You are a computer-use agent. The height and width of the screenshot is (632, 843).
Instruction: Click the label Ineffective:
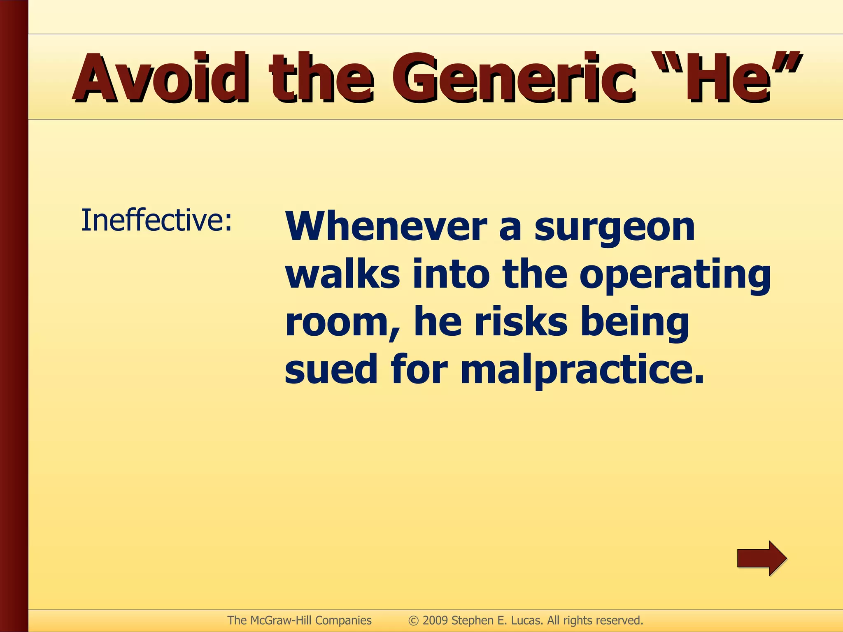tap(156, 221)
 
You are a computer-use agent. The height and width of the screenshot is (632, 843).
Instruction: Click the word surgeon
tap(615, 228)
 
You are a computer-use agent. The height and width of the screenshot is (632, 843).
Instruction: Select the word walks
tap(342, 274)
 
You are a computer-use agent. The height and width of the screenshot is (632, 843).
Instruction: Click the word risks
tap(521, 321)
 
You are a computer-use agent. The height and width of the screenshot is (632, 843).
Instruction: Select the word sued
tap(331, 369)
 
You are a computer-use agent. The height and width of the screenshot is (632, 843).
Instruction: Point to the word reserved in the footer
tap(619, 620)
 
